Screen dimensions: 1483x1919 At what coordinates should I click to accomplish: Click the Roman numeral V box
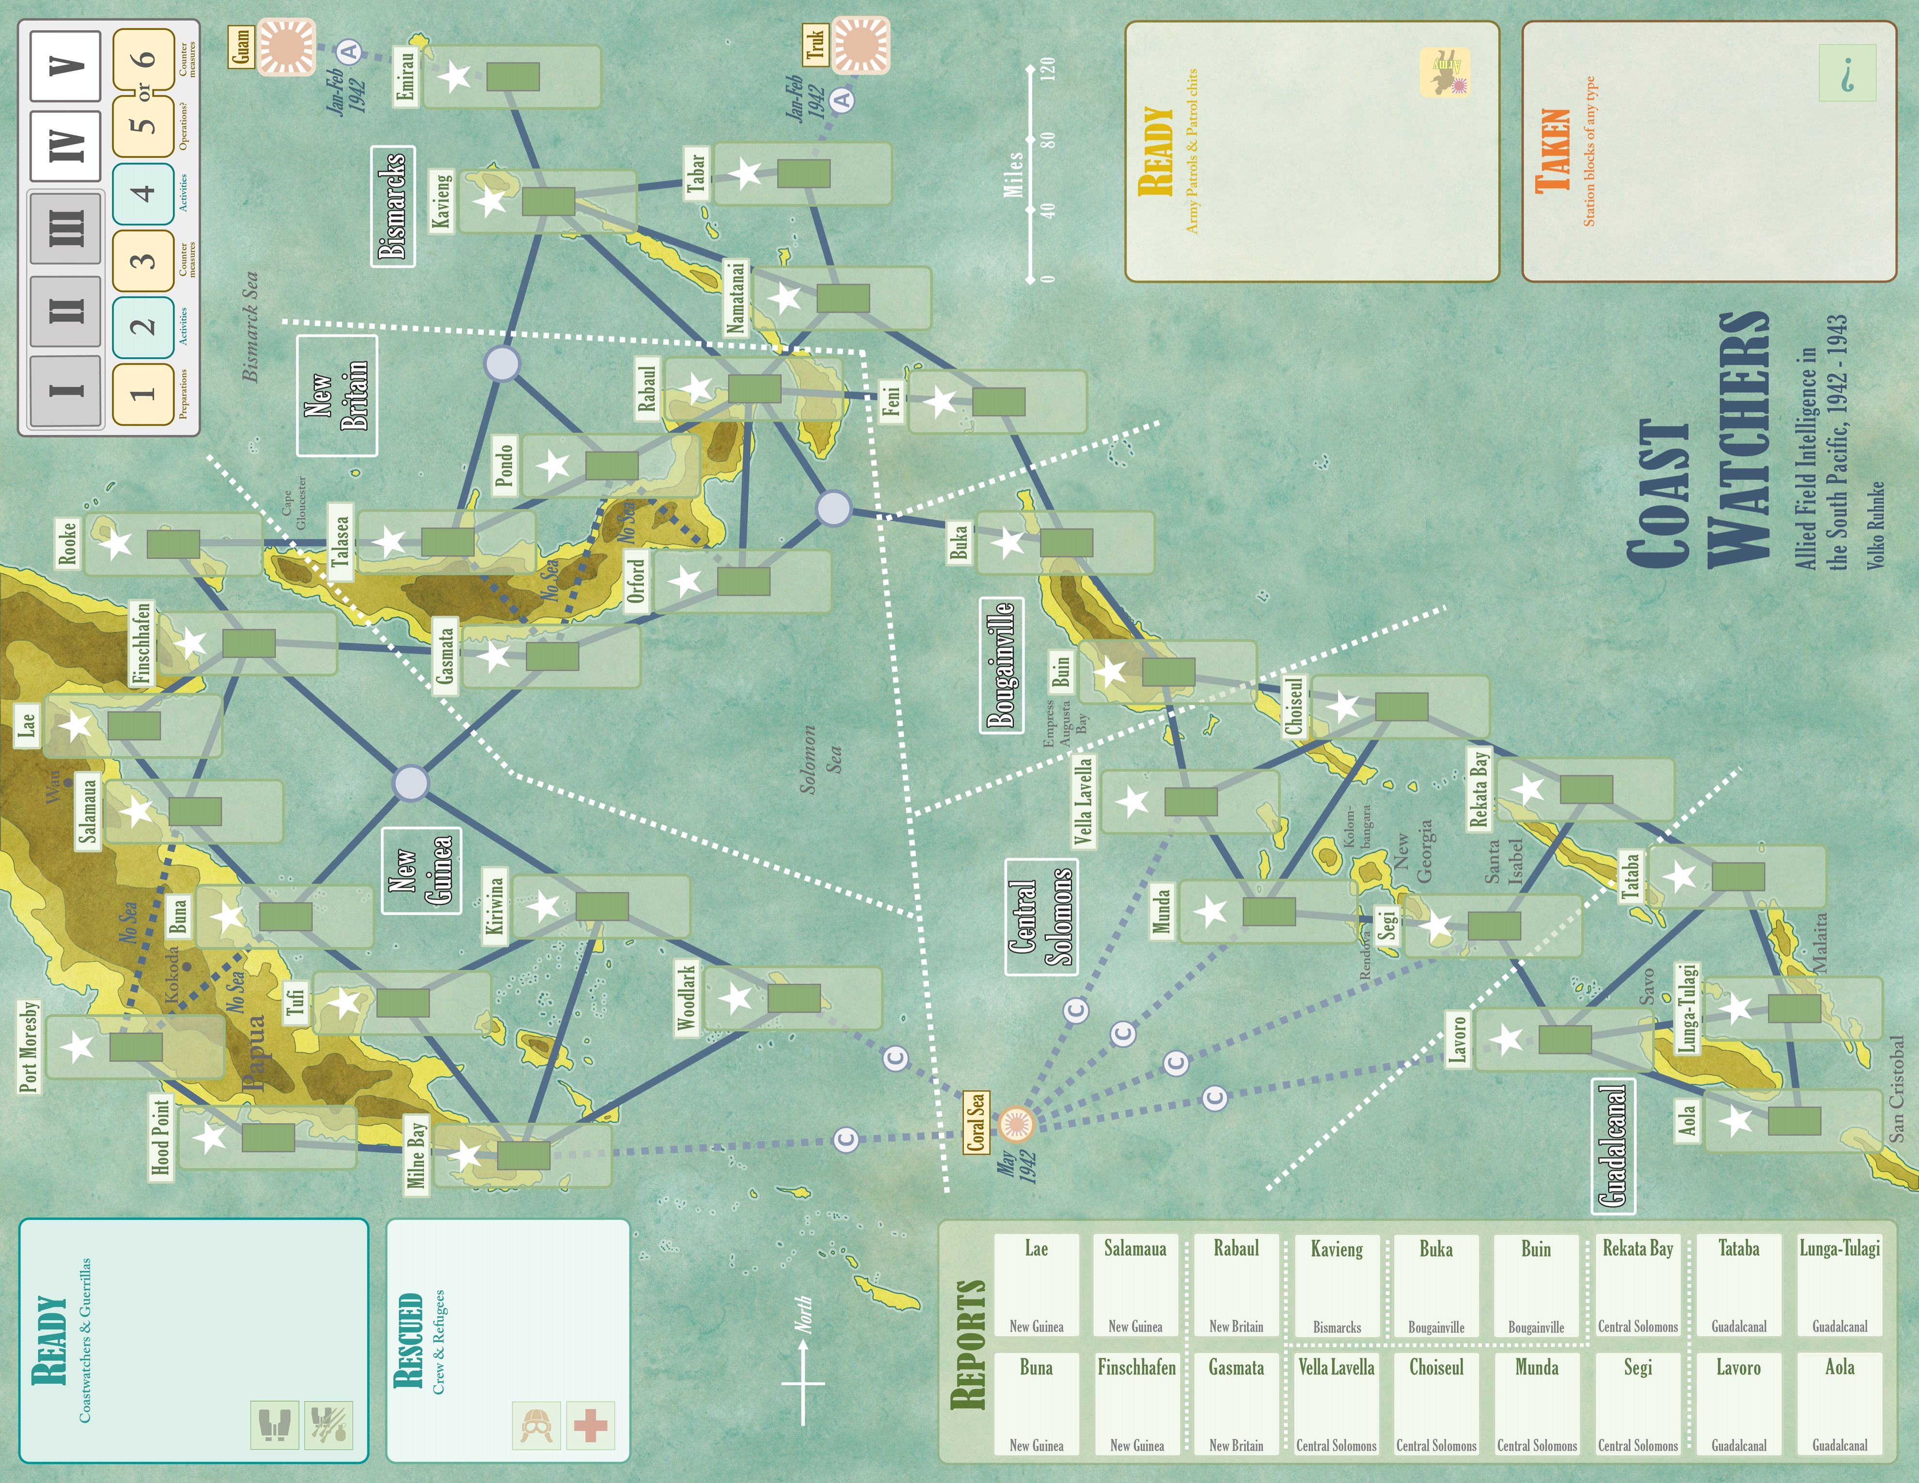(66, 65)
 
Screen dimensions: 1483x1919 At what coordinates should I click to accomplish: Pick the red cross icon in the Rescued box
(590, 1425)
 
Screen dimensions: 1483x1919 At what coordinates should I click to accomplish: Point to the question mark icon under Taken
(1847, 74)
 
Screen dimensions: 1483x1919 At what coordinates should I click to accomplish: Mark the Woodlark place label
(686, 997)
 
